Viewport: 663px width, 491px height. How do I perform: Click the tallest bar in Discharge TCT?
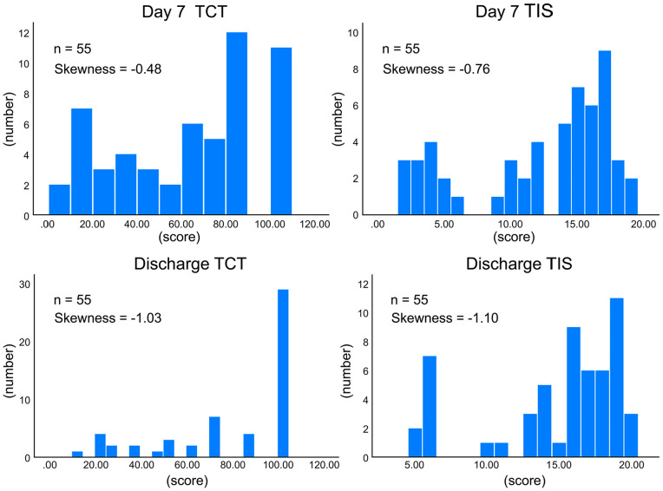tap(282, 373)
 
